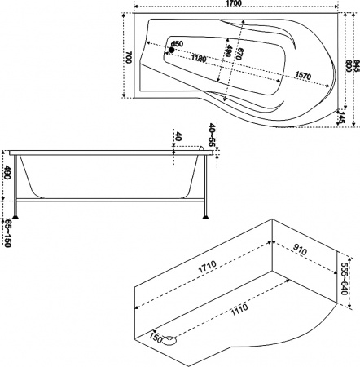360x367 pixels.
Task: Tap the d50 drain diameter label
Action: tap(178, 43)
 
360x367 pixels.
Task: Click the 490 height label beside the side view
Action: tap(7, 173)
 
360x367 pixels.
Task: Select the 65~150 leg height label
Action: tap(7, 232)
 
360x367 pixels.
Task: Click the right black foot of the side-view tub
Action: tap(206, 218)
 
